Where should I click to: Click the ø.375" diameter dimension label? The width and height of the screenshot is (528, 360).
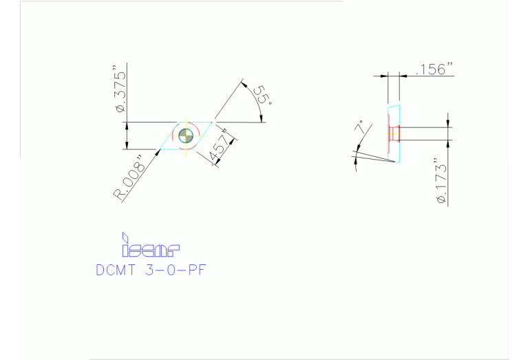tap(122, 89)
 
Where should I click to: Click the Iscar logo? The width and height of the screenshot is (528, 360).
tap(150, 246)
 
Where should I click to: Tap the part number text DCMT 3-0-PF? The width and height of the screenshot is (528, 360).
tap(151, 269)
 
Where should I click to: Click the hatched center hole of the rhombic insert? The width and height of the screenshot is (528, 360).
tap(186, 135)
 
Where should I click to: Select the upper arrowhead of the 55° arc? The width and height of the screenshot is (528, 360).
tap(242, 83)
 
